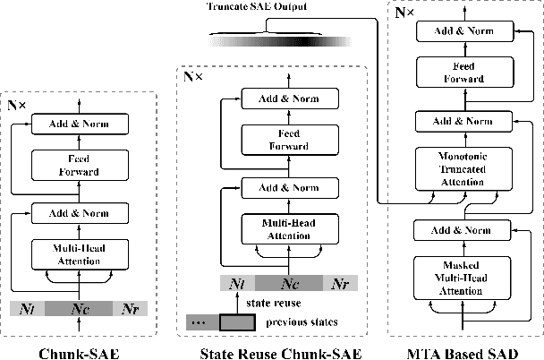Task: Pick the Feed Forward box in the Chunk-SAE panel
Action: tap(79, 165)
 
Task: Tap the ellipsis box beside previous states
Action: tap(198, 321)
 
